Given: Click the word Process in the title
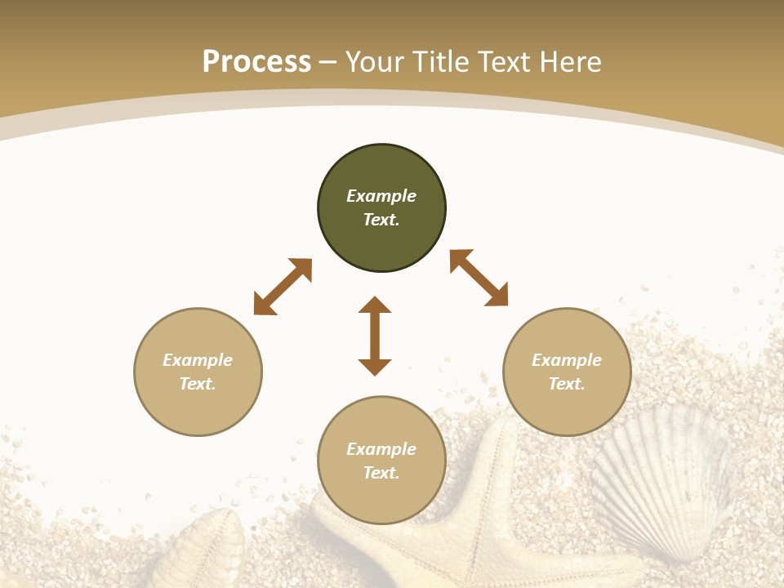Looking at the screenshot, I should pyautogui.click(x=256, y=61).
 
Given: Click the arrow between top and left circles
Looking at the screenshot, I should pyautogui.click(x=283, y=287).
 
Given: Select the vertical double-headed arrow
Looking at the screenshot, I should pyautogui.click(x=375, y=336).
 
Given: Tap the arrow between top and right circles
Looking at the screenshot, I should pyautogui.click(x=479, y=278).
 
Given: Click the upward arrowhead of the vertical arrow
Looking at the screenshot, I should pyautogui.click(x=375, y=305).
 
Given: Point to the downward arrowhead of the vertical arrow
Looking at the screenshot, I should pyautogui.click(x=375, y=367).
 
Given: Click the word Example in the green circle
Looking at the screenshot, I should pyautogui.click(x=381, y=196).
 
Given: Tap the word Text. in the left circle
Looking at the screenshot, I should pyautogui.click(x=198, y=384).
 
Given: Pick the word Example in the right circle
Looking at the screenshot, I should pyautogui.click(x=567, y=360).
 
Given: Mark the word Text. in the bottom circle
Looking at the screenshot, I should pyautogui.click(x=381, y=473).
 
